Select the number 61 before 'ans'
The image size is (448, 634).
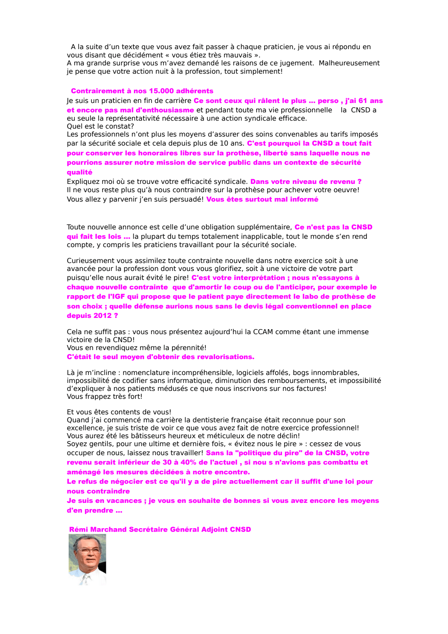tap(363, 101)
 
